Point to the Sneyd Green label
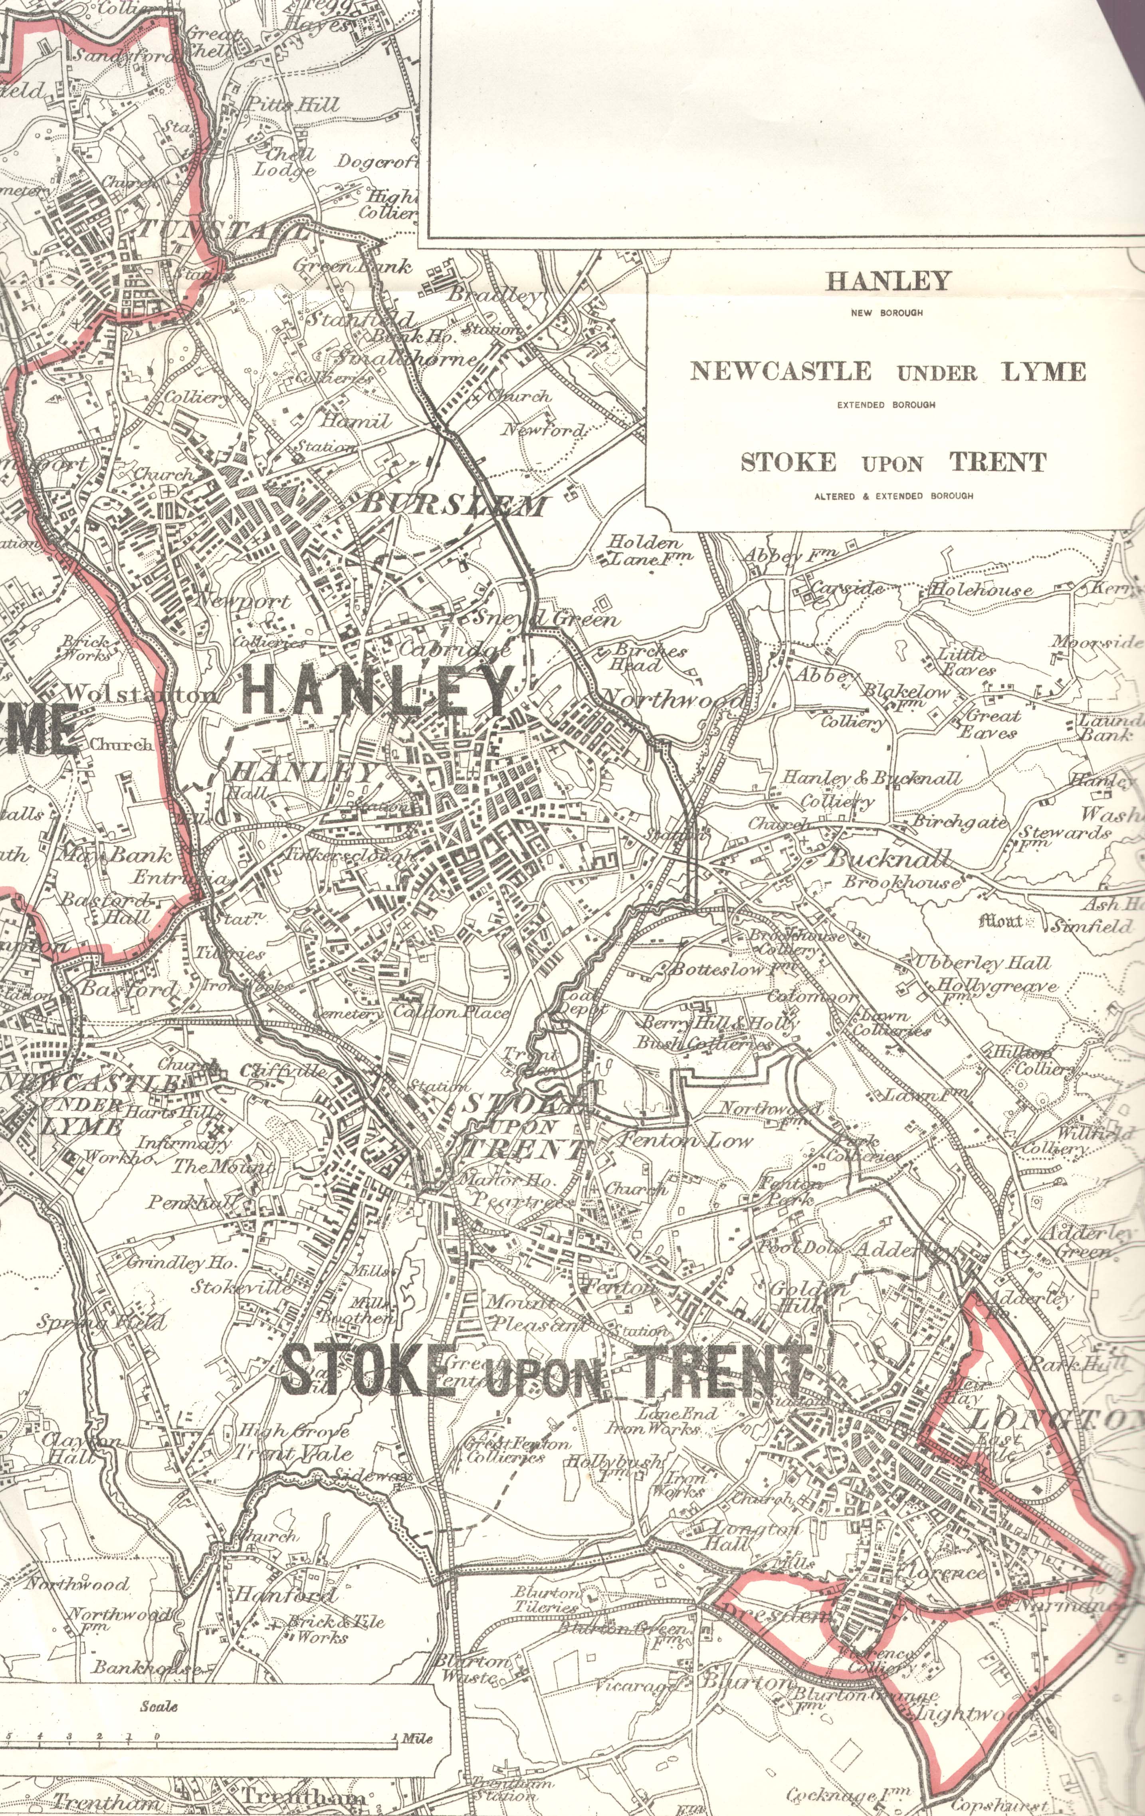(544, 619)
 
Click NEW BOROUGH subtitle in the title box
(886, 313)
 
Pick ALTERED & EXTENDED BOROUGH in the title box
(893, 496)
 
